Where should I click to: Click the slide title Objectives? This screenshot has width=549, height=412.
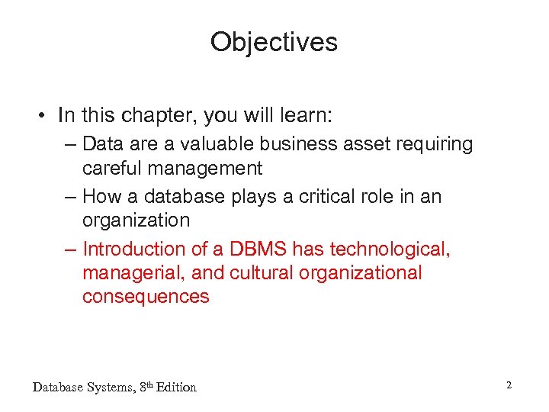coord(274,42)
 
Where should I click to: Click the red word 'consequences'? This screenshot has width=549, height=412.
coord(146,297)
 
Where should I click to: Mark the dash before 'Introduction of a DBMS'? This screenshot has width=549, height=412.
coord(70,249)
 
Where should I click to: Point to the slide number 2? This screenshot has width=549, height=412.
coord(509,386)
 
